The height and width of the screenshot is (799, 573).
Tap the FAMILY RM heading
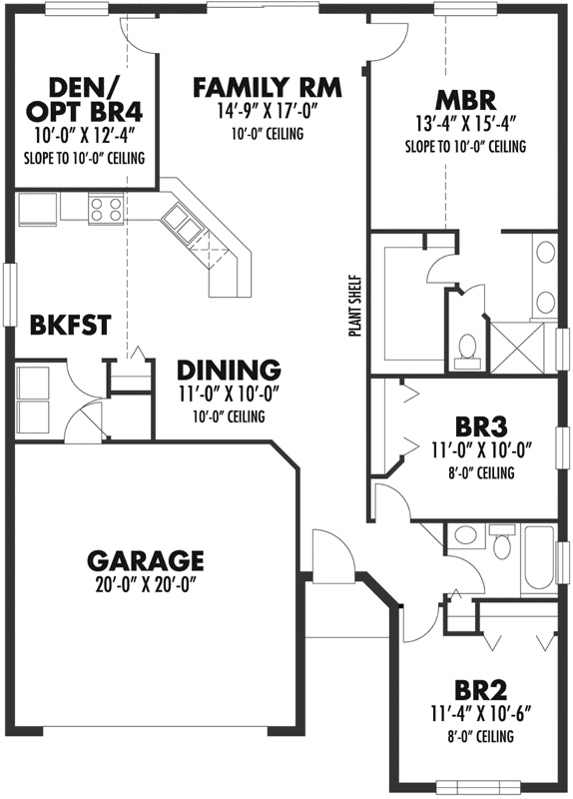pyautogui.click(x=267, y=88)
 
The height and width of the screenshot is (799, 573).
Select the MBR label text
pyautogui.click(x=466, y=101)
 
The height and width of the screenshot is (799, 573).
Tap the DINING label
pyautogui.click(x=229, y=368)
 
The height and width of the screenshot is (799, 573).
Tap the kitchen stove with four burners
pyautogui.click(x=106, y=209)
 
